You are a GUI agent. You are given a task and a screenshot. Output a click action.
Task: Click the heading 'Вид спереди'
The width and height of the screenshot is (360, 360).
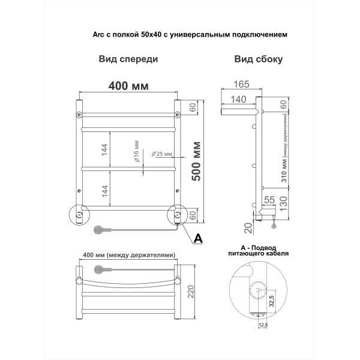point(128,59)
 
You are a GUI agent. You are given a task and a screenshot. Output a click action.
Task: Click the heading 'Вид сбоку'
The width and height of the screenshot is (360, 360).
point(259,59)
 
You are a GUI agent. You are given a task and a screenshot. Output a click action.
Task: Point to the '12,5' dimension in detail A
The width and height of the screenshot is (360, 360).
point(262,325)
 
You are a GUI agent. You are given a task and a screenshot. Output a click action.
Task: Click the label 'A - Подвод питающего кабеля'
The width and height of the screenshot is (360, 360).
point(259,250)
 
